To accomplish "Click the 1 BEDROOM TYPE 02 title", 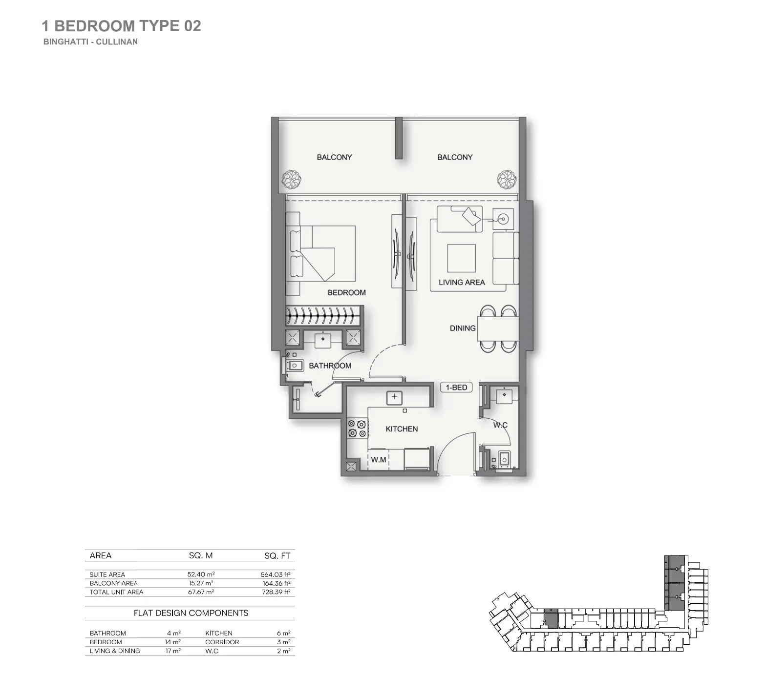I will point(121,26).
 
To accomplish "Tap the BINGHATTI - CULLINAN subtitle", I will point(90,42).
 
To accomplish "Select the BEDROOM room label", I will point(346,292).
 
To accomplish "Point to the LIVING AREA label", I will point(461,282).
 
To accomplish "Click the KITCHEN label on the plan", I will point(402,429).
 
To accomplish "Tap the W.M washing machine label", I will point(378,460).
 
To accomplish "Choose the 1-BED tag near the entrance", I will point(456,388).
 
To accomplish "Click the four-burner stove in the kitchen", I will point(357,429).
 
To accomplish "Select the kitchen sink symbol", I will point(394,397).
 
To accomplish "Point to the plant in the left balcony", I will point(292,179).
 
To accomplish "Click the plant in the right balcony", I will point(507,179).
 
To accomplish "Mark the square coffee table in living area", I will point(461,258).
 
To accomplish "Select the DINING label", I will point(462,328).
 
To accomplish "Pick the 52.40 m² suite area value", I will point(201,574).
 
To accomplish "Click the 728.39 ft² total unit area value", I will point(276,592).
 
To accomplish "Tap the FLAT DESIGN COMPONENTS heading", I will point(191,613).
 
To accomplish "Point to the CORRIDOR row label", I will point(222,642).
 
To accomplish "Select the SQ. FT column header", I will point(277,555).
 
